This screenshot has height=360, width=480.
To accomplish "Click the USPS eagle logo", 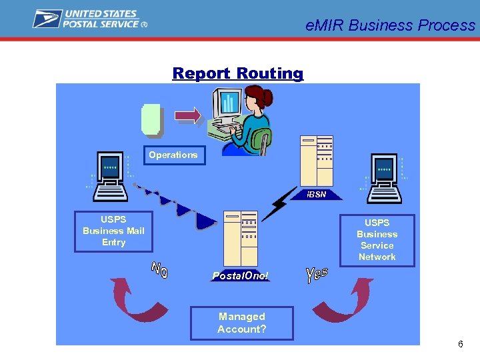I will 47,19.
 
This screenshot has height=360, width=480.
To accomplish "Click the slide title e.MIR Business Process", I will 390,25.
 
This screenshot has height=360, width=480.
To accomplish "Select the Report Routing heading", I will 237,73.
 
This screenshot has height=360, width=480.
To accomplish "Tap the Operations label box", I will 173,155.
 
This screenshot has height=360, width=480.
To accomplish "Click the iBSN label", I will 317,195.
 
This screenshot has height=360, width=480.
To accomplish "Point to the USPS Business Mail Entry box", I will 113,231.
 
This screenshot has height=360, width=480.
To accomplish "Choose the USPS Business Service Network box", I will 377,240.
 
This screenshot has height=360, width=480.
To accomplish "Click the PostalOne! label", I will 240,275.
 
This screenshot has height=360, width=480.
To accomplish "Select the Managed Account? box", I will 241,323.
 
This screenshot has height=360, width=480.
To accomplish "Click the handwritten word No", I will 159,270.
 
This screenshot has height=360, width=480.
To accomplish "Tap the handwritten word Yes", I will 316,272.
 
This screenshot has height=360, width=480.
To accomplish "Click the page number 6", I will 460,344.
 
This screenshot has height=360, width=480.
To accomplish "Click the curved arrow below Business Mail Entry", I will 130,300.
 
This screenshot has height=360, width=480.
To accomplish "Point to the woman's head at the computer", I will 253,100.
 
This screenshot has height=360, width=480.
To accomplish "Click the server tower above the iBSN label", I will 316,160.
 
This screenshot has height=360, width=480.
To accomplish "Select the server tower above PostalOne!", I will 240,237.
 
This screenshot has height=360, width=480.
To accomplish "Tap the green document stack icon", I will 152,119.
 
